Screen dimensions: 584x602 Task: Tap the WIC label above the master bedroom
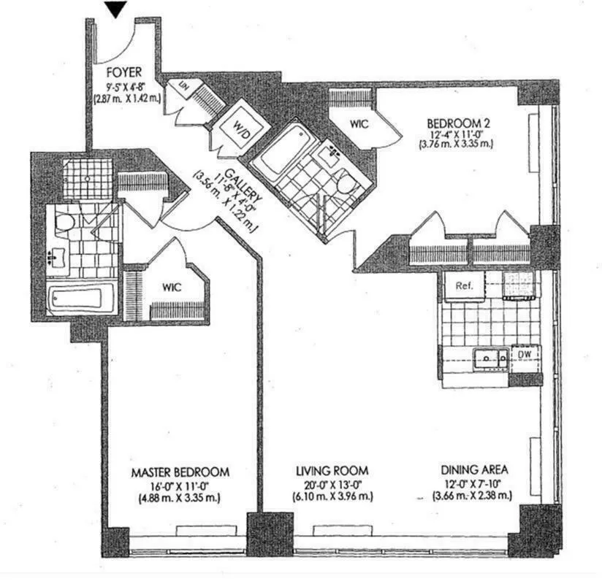coord(172,288)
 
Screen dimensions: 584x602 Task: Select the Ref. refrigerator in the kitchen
coord(464,286)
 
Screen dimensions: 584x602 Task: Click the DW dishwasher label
coord(526,355)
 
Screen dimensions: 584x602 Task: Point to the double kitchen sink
coord(491,358)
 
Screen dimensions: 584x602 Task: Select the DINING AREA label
coord(476,470)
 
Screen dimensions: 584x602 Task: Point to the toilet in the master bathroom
coord(64,221)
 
